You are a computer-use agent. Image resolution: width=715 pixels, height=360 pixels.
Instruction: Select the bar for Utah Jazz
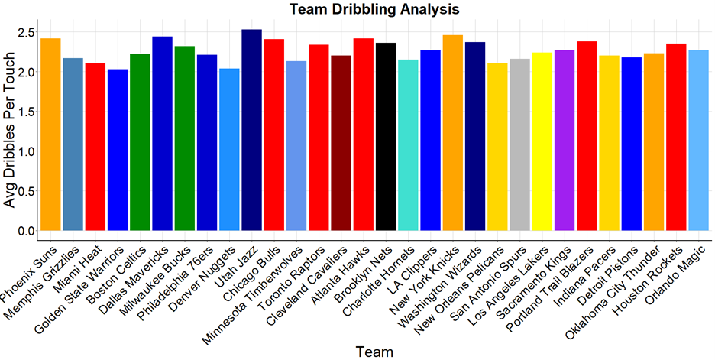coord(251,130)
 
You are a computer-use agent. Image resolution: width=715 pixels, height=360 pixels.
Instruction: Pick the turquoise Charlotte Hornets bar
coord(408,145)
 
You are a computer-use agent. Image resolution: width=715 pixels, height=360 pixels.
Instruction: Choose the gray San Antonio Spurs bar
coord(519,144)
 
